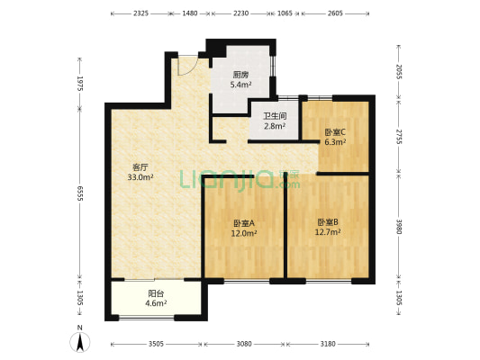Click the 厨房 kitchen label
point(240,76)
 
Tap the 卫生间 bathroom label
point(274,116)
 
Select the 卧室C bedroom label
point(334,132)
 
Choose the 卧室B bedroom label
point(327,222)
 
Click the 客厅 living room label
point(140,167)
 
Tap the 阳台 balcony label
point(156,293)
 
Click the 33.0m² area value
point(140,177)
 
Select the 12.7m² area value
point(327,232)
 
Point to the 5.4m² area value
point(240,85)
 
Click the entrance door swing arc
point(186,65)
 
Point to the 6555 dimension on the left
point(80,194)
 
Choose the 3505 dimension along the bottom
point(157,343)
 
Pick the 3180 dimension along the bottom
point(328,343)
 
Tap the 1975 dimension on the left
point(80,84)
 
